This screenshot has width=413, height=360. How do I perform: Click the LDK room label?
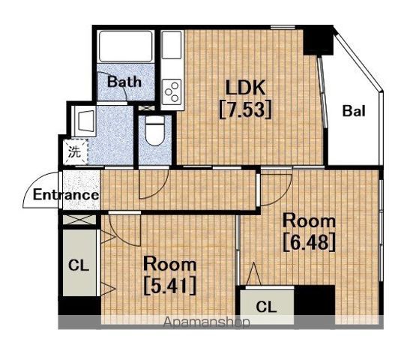click(245, 88)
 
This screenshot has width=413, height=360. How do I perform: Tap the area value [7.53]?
click(245, 109)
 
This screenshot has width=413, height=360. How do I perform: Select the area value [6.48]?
click(310, 241)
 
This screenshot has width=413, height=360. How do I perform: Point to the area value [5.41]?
click(170, 285)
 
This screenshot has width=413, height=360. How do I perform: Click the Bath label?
click(124, 82)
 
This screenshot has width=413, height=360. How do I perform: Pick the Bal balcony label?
click(354, 111)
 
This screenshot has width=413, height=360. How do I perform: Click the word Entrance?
click(66, 195)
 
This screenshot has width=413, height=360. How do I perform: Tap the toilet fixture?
click(155, 130)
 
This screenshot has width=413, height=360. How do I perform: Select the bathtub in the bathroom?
click(126, 46)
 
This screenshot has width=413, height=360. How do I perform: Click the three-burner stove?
click(172, 91)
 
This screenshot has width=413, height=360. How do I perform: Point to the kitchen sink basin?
click(172, 45)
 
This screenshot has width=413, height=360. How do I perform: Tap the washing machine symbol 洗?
click(75, 151)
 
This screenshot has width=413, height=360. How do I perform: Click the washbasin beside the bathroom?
click(84, 121)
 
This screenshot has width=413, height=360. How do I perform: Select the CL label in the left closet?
click(78, 265)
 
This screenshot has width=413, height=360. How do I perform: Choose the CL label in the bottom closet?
click(266, 307)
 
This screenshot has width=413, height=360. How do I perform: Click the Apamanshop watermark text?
click(206, 322)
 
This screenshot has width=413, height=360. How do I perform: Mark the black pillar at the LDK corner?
click(318, 40)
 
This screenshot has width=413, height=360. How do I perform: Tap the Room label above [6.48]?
click(310, 220)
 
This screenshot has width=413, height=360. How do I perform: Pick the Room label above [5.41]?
click(170, 264)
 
